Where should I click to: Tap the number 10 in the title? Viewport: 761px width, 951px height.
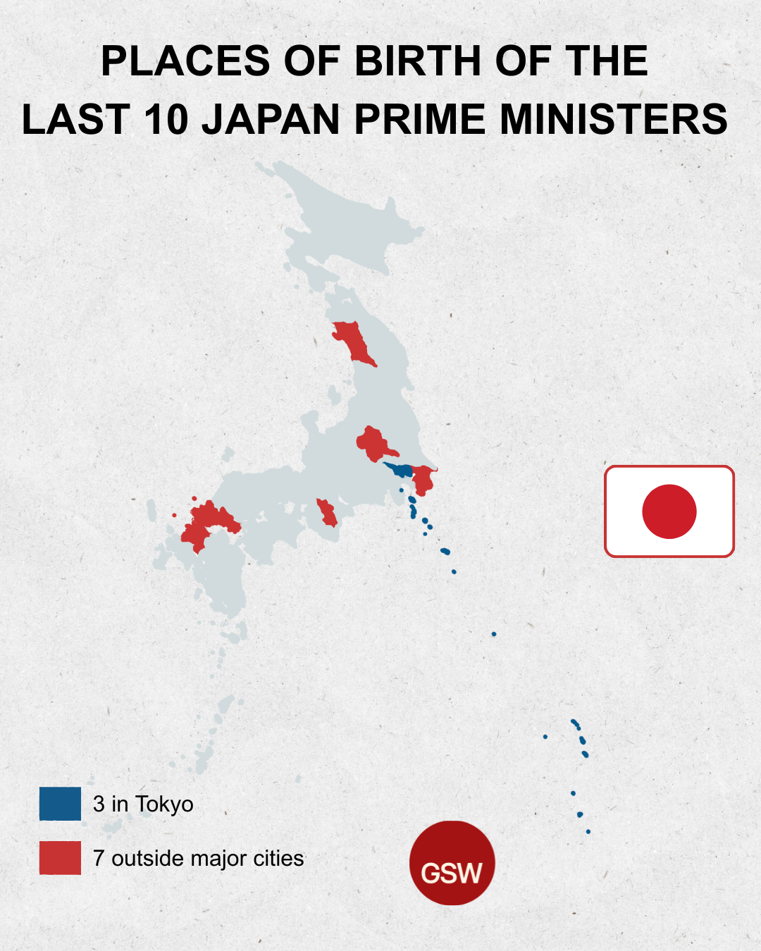(167, 119)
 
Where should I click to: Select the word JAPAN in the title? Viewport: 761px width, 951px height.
(271, 119)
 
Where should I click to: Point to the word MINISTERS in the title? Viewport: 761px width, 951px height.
(613, 119)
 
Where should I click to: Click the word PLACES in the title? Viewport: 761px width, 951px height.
(186, 61)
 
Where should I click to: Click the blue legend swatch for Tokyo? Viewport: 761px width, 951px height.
(60, 804)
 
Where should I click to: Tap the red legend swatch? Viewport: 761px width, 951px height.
(60, 858)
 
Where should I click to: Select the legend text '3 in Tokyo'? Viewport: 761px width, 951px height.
(143, 804)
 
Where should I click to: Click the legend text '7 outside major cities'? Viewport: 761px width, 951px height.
(198, 858)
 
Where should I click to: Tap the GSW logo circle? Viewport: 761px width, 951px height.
(452, 863)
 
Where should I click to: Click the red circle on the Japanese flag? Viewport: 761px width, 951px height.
(669, 511)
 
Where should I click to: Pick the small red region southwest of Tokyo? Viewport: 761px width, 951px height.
(327, 513)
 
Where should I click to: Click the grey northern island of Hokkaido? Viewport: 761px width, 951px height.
(345, 218)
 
